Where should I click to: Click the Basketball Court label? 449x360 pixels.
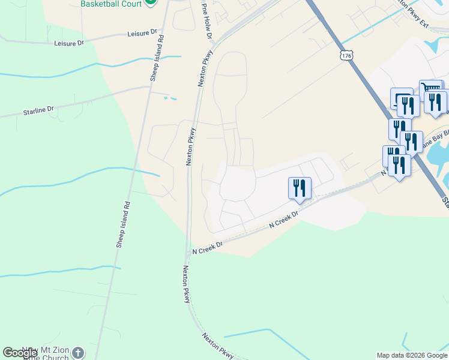point(111,4)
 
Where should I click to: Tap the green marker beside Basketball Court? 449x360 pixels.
point(151,2)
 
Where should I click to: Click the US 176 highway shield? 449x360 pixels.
point(345,55)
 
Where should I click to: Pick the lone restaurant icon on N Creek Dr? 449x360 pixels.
point(300,188)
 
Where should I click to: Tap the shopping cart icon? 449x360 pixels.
point(430,89)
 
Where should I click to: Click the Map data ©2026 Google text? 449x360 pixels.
point(412,355)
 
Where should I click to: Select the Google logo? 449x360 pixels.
point(20,353)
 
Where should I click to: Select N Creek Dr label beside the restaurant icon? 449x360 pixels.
point(283,221)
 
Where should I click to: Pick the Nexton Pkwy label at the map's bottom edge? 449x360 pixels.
point(218,346)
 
